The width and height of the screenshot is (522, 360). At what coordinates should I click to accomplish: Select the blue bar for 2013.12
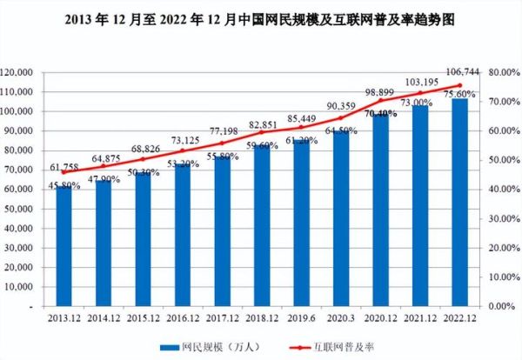pos(64,247)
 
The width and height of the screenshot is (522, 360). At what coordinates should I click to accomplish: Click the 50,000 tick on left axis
pos(42,210)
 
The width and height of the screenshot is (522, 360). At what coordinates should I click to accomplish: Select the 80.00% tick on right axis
pos(503,73)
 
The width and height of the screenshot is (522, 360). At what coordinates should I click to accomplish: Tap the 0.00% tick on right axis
pos(501,307)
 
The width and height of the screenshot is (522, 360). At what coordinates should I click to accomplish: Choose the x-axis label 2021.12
pos(417,319)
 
